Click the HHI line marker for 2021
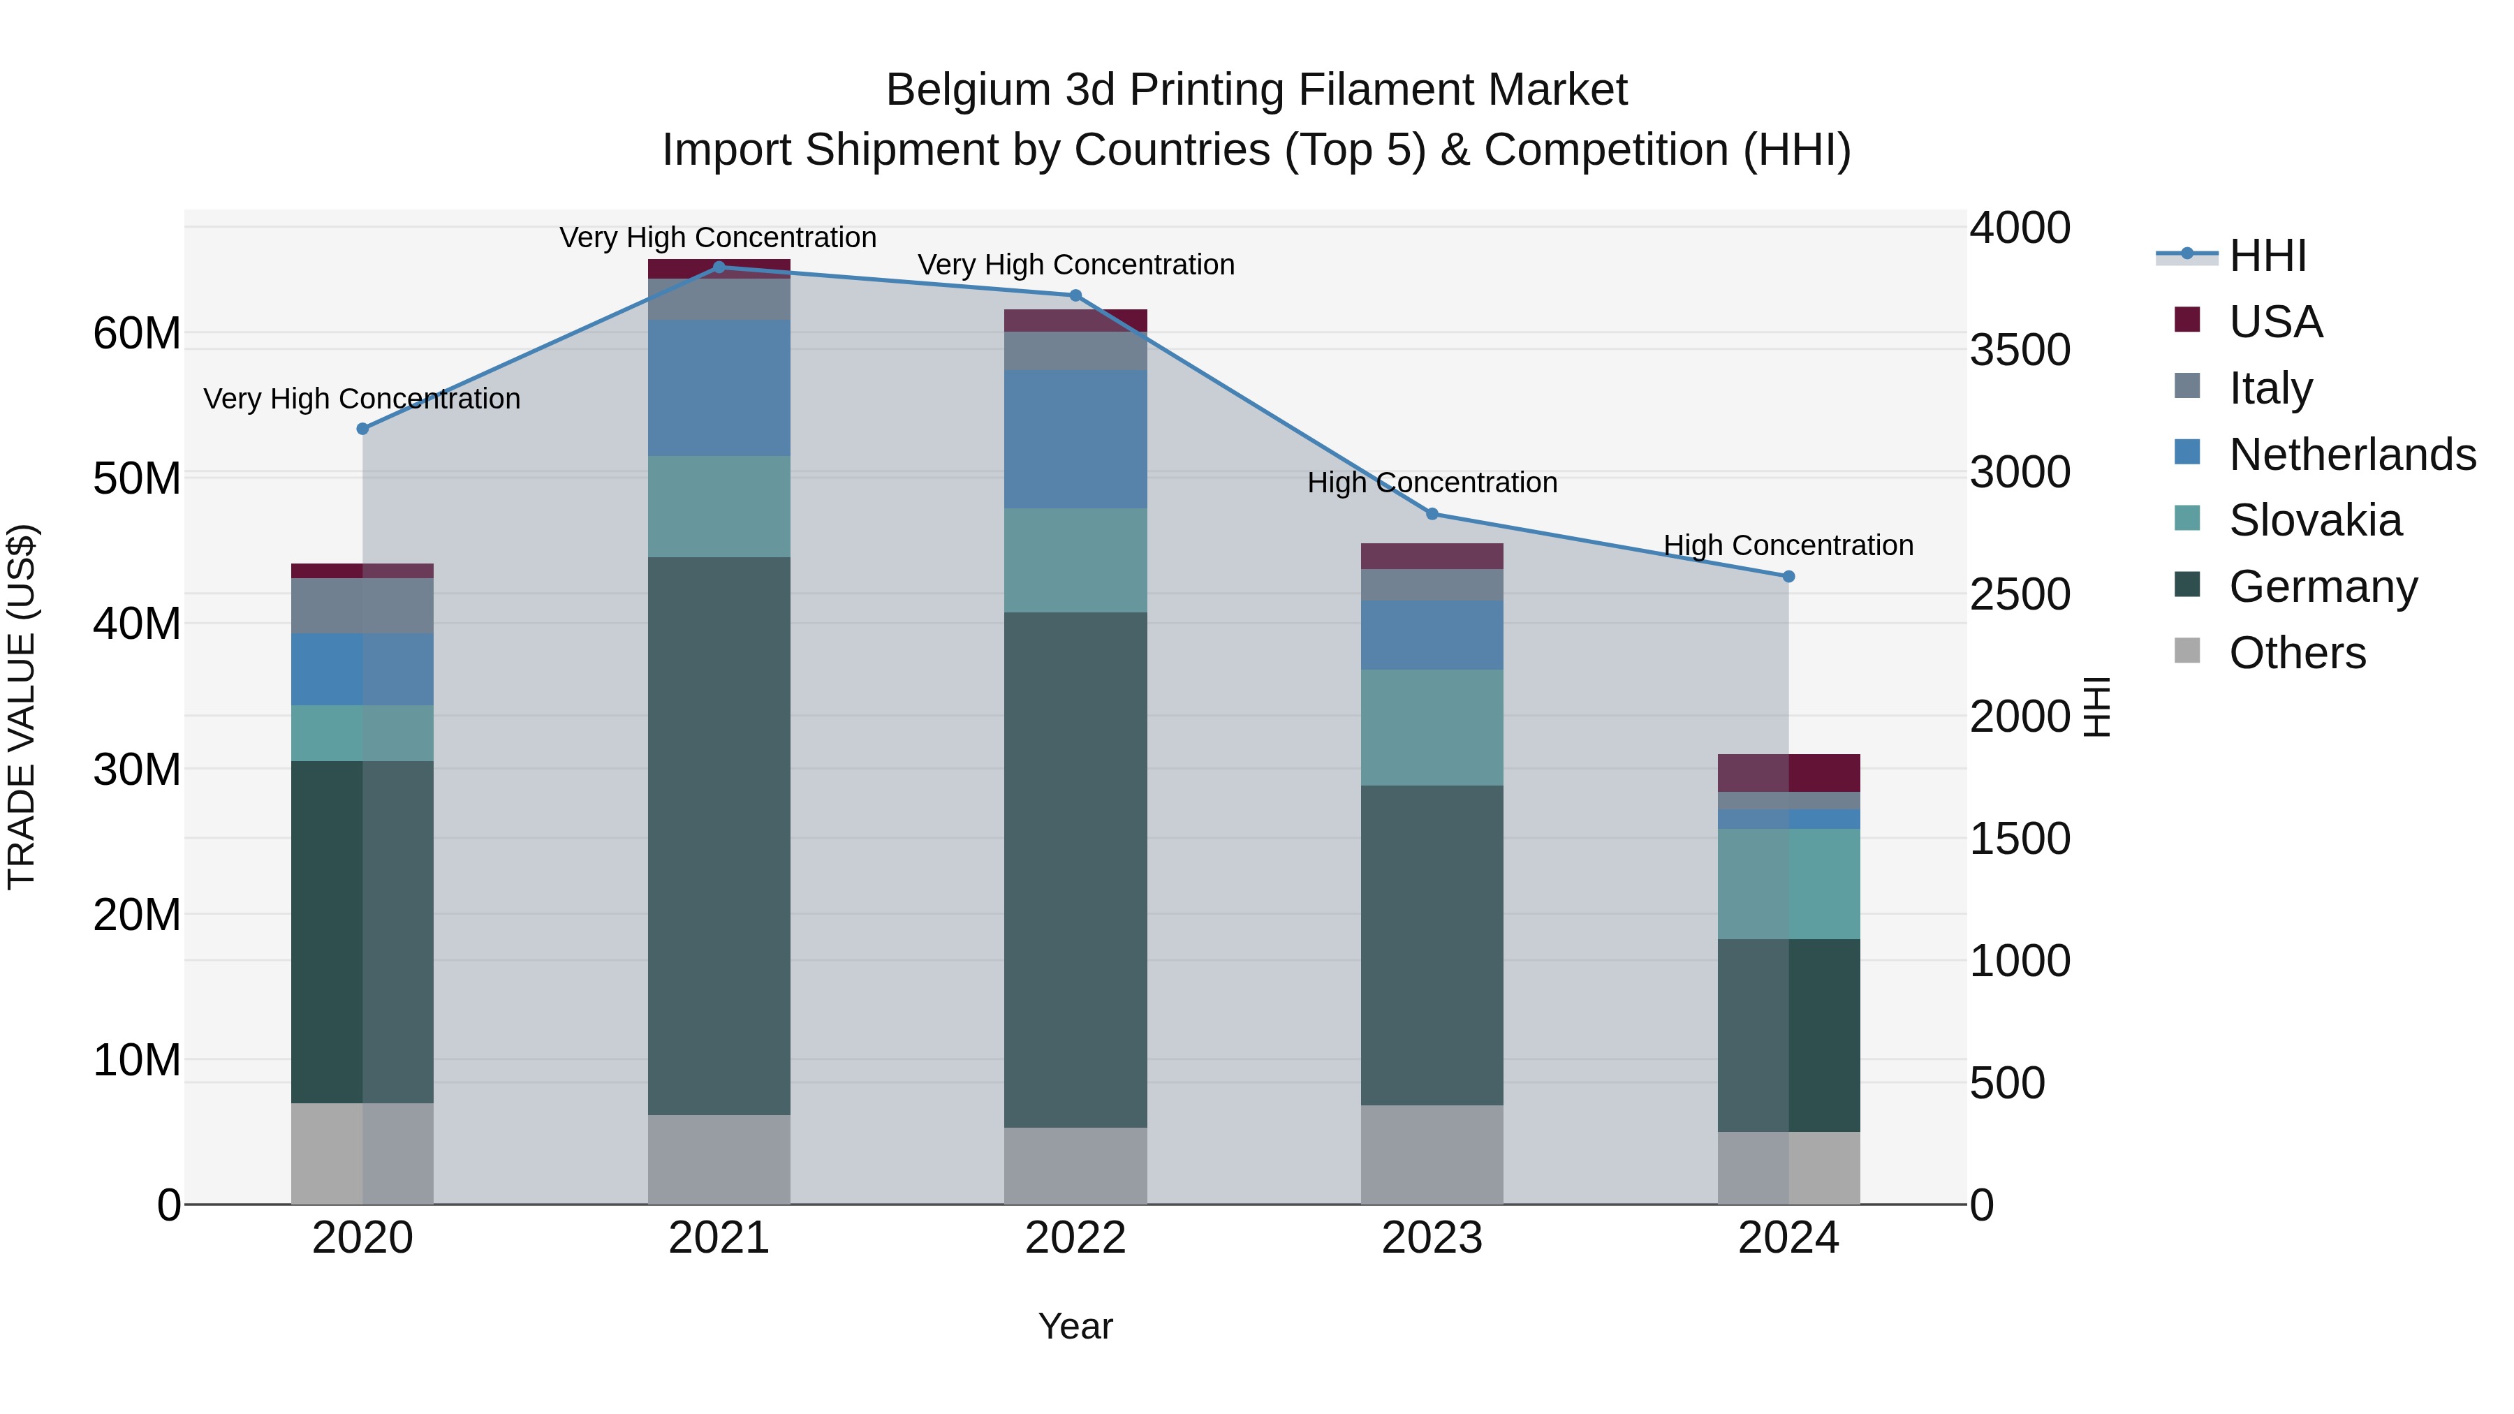click(x=719, y=267)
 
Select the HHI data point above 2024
click(x=1788, y=577)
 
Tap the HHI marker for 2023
click(x=1432, y=514)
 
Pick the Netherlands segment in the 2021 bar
click(x=719, y=388)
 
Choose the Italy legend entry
click(x=2270, y=388)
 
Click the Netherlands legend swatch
click(x=2187, y=452)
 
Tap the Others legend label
click(x=2298, y=653)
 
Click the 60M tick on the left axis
click(x=137, y=334)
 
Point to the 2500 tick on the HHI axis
click(x=2019, y=594)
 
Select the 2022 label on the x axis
click(x=1075, y=1238)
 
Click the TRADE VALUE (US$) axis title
click(x=22, y=707)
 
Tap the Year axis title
click(x=1075, y=1326)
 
